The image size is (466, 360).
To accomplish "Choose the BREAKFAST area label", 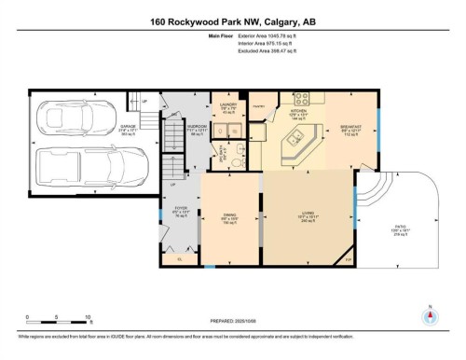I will tap(350, 124).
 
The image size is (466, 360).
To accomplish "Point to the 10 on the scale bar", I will tap(88, 318).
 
